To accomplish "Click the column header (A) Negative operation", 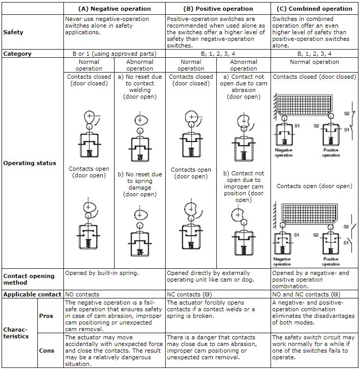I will point(115,8).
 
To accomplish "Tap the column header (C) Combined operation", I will point(314,8).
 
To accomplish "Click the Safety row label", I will point(13,32).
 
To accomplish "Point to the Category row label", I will point(17,53).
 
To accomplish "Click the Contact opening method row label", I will point(29,279).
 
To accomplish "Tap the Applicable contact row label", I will point(32,294).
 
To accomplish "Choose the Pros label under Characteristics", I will point(47,316).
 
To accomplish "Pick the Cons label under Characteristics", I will point(47,351).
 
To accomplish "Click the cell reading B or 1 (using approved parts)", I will point(115,53).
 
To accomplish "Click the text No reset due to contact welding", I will point(140,87).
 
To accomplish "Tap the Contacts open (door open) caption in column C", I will point(314,186).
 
